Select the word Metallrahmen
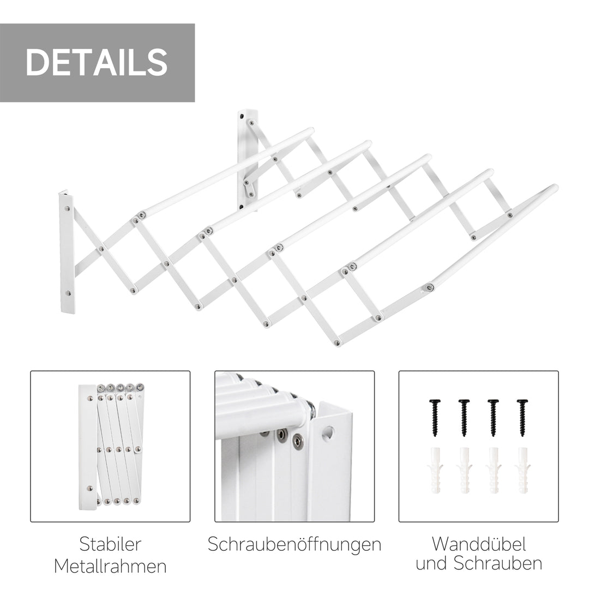[x=110, y=566]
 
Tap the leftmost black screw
[x=435, y=416]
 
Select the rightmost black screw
[x=522, y=416]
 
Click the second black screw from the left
[x=464, y=416]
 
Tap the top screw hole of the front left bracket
[x=67, y=208]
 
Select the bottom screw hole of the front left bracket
[x=69, y=293]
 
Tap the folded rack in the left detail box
[x=112, y=444]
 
